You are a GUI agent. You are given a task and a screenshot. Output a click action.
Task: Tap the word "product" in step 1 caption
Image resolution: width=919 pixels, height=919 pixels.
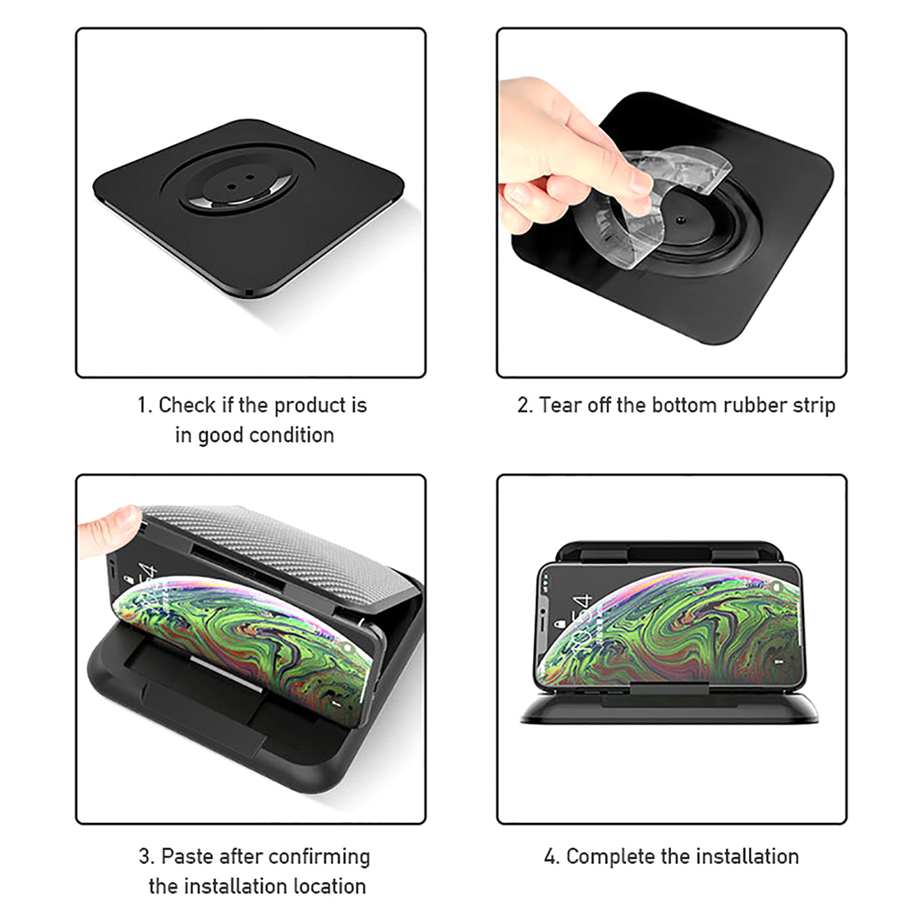(303, 406)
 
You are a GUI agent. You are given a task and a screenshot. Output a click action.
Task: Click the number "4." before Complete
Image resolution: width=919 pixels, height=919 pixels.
(552, 857)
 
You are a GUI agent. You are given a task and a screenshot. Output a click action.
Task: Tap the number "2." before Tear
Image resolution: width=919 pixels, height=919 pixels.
(526, 406)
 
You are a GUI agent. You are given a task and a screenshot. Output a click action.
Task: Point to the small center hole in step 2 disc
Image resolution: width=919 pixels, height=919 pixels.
(680, 220)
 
